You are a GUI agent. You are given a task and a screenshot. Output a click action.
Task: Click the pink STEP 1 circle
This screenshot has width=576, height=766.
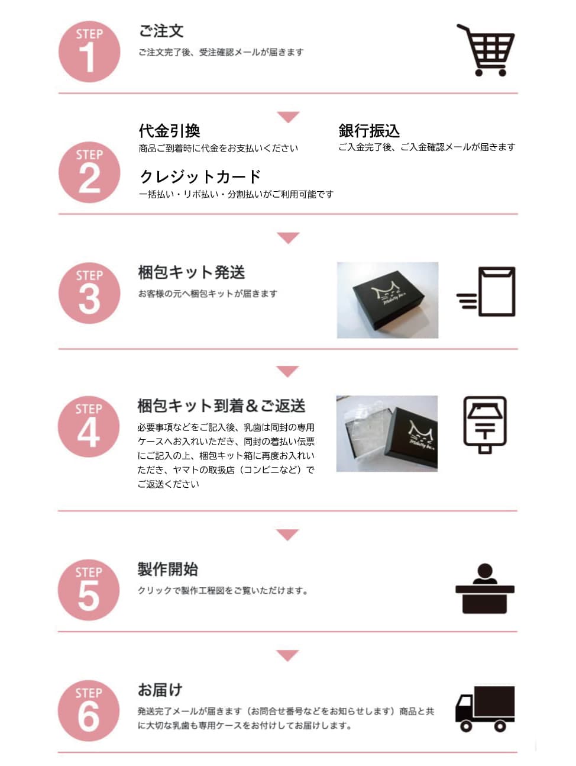89,52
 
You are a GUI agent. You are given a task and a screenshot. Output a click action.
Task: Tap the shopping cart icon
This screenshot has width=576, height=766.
486,50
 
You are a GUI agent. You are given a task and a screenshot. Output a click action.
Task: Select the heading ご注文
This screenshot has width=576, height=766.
161,31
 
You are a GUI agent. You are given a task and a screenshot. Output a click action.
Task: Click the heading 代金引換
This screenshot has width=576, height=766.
169,131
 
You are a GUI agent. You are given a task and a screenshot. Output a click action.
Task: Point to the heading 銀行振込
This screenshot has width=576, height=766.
369,131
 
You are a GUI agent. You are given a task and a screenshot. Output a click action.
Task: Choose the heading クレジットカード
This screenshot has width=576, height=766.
200,176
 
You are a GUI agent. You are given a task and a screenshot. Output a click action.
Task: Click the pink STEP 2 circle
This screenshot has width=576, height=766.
89,172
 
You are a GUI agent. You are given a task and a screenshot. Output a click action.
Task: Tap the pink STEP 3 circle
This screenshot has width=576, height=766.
89,293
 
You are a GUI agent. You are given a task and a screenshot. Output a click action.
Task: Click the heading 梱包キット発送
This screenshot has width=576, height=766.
192,272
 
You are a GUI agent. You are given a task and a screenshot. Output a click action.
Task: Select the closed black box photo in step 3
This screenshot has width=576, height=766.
387,300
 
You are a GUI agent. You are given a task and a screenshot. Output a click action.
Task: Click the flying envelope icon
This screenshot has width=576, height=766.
486,292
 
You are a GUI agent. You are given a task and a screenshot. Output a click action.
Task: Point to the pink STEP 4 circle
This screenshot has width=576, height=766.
89,426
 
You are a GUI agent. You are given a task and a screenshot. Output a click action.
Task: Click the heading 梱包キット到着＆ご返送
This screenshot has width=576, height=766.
221,406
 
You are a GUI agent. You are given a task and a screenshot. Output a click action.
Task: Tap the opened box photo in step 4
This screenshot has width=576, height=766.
387,433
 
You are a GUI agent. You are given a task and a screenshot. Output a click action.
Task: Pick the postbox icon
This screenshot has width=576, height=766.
485,424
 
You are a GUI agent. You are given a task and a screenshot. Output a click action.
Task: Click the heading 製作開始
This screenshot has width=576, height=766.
167,569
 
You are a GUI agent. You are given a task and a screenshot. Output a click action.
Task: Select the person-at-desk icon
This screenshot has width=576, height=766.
485,588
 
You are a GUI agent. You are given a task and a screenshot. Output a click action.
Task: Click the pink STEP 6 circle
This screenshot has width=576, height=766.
89,710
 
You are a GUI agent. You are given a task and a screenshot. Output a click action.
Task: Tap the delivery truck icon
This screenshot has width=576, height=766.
485,709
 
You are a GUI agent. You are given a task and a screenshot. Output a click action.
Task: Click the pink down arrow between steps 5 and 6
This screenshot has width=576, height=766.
287,655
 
